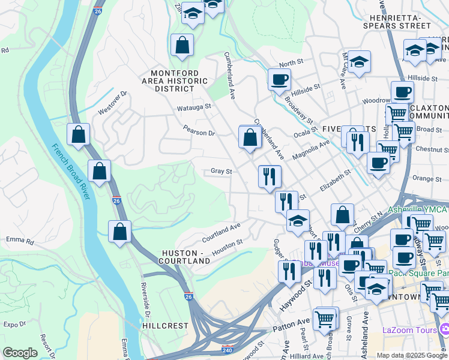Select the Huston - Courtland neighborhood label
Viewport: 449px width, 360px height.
[x=184, y=256]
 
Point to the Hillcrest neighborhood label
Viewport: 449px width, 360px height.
[x=166, y=325]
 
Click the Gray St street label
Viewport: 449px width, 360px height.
[x=221, y=171]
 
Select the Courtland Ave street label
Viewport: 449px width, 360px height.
[x=221, y=230]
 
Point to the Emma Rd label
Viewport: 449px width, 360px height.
[x=20, y=241]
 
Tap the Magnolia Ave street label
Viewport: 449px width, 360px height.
[x=311, y=150]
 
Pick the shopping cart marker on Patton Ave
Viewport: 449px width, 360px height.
[x=325, y=318]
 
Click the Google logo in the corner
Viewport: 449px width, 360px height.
[x=20, y=353]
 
